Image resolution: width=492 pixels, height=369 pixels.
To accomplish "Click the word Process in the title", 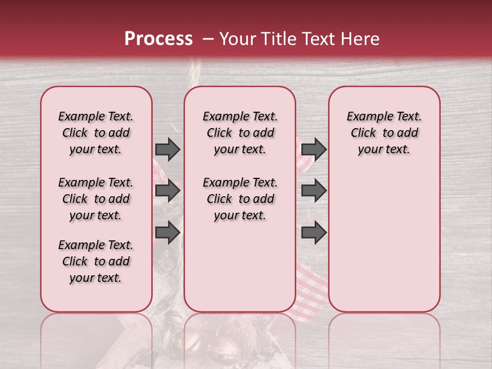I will coord(158,39).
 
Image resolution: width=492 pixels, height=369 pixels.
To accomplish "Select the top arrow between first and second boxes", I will coord(168,149).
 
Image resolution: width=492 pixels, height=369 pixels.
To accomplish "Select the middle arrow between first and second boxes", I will coord(168,191).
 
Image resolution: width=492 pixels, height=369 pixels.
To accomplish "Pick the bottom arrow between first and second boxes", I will coord(168,232).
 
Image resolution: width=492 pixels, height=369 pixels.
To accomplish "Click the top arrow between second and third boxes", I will coord(314,149).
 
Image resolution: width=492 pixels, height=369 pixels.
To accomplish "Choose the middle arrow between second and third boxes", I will coord(314,191).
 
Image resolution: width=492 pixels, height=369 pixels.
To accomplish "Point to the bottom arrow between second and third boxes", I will coord(314,232).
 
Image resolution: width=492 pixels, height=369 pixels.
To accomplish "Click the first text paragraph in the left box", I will coord(96,133).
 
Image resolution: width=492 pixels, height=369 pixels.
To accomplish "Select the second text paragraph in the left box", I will coord(96,199).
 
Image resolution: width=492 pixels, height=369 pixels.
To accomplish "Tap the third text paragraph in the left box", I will coord(96,261).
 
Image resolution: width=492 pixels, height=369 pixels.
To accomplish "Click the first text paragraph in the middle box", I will coord(240,133).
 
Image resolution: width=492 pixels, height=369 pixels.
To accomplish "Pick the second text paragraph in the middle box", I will coord(240,199).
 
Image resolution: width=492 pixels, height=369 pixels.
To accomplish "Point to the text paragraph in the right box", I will coord(384,133).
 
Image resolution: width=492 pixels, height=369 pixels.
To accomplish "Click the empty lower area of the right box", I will coord(384,246).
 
